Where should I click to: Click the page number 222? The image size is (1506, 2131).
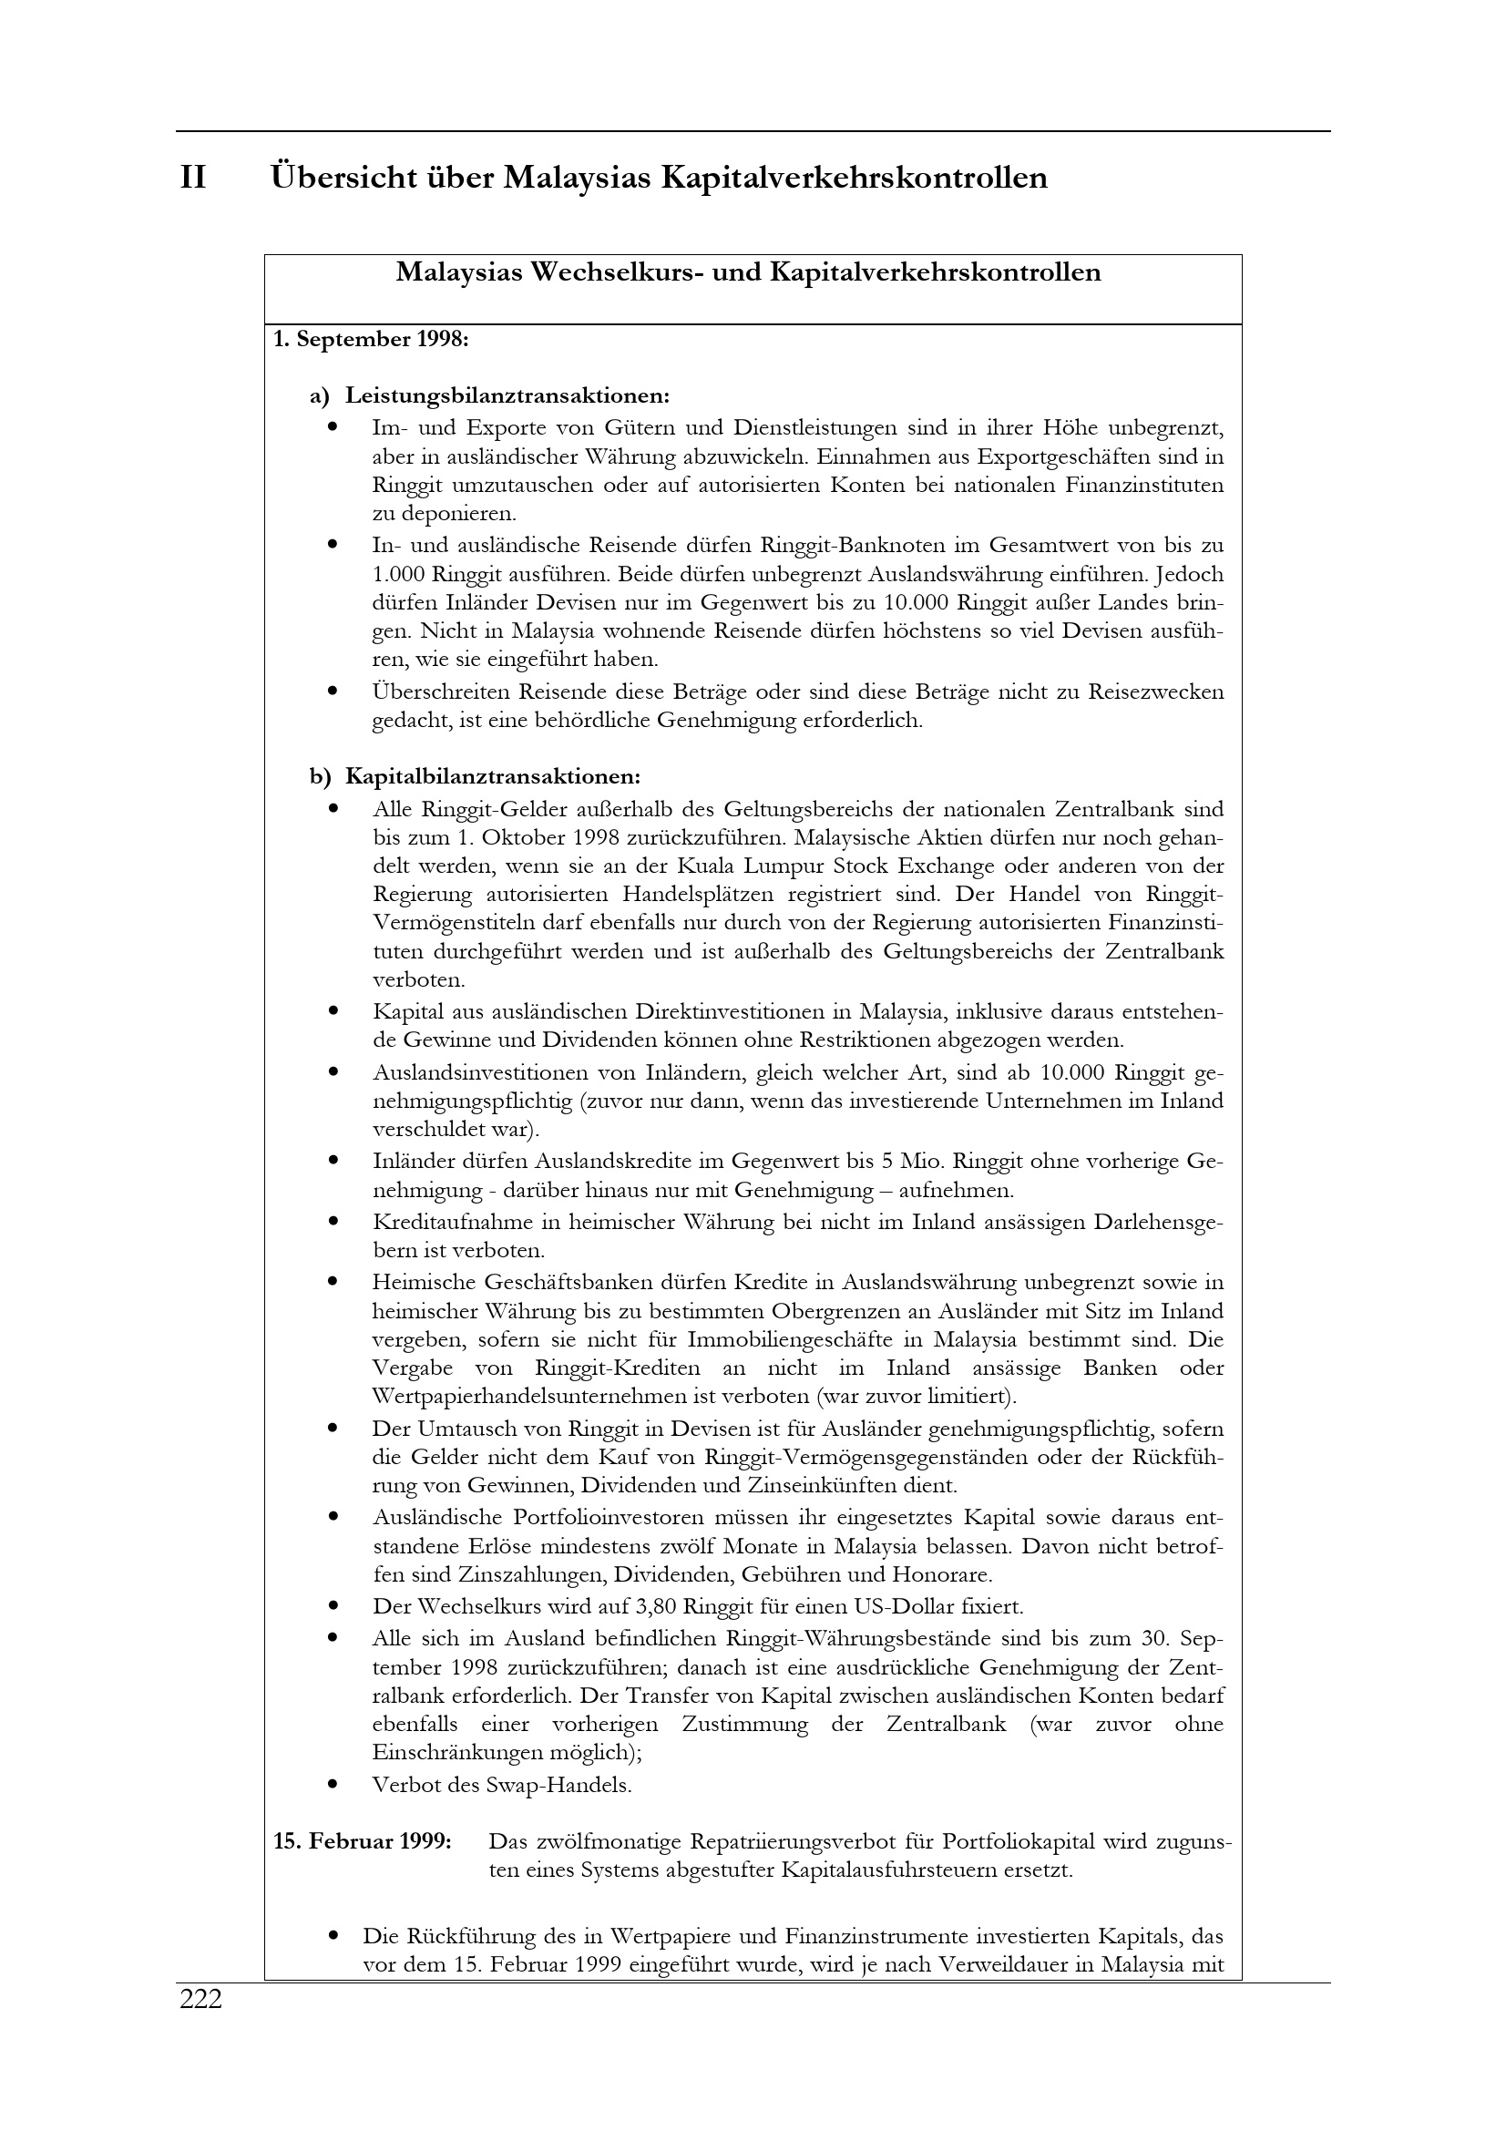click(201, 1999)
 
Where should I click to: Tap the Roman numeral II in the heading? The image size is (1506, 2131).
click(193, 178)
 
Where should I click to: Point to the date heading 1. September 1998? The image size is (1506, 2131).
click(371, 340)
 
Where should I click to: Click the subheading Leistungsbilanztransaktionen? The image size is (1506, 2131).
click(507, 396)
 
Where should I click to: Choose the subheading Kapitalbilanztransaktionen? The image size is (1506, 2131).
click(492, 776)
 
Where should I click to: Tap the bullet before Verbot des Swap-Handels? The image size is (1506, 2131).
click(333, 1785)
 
